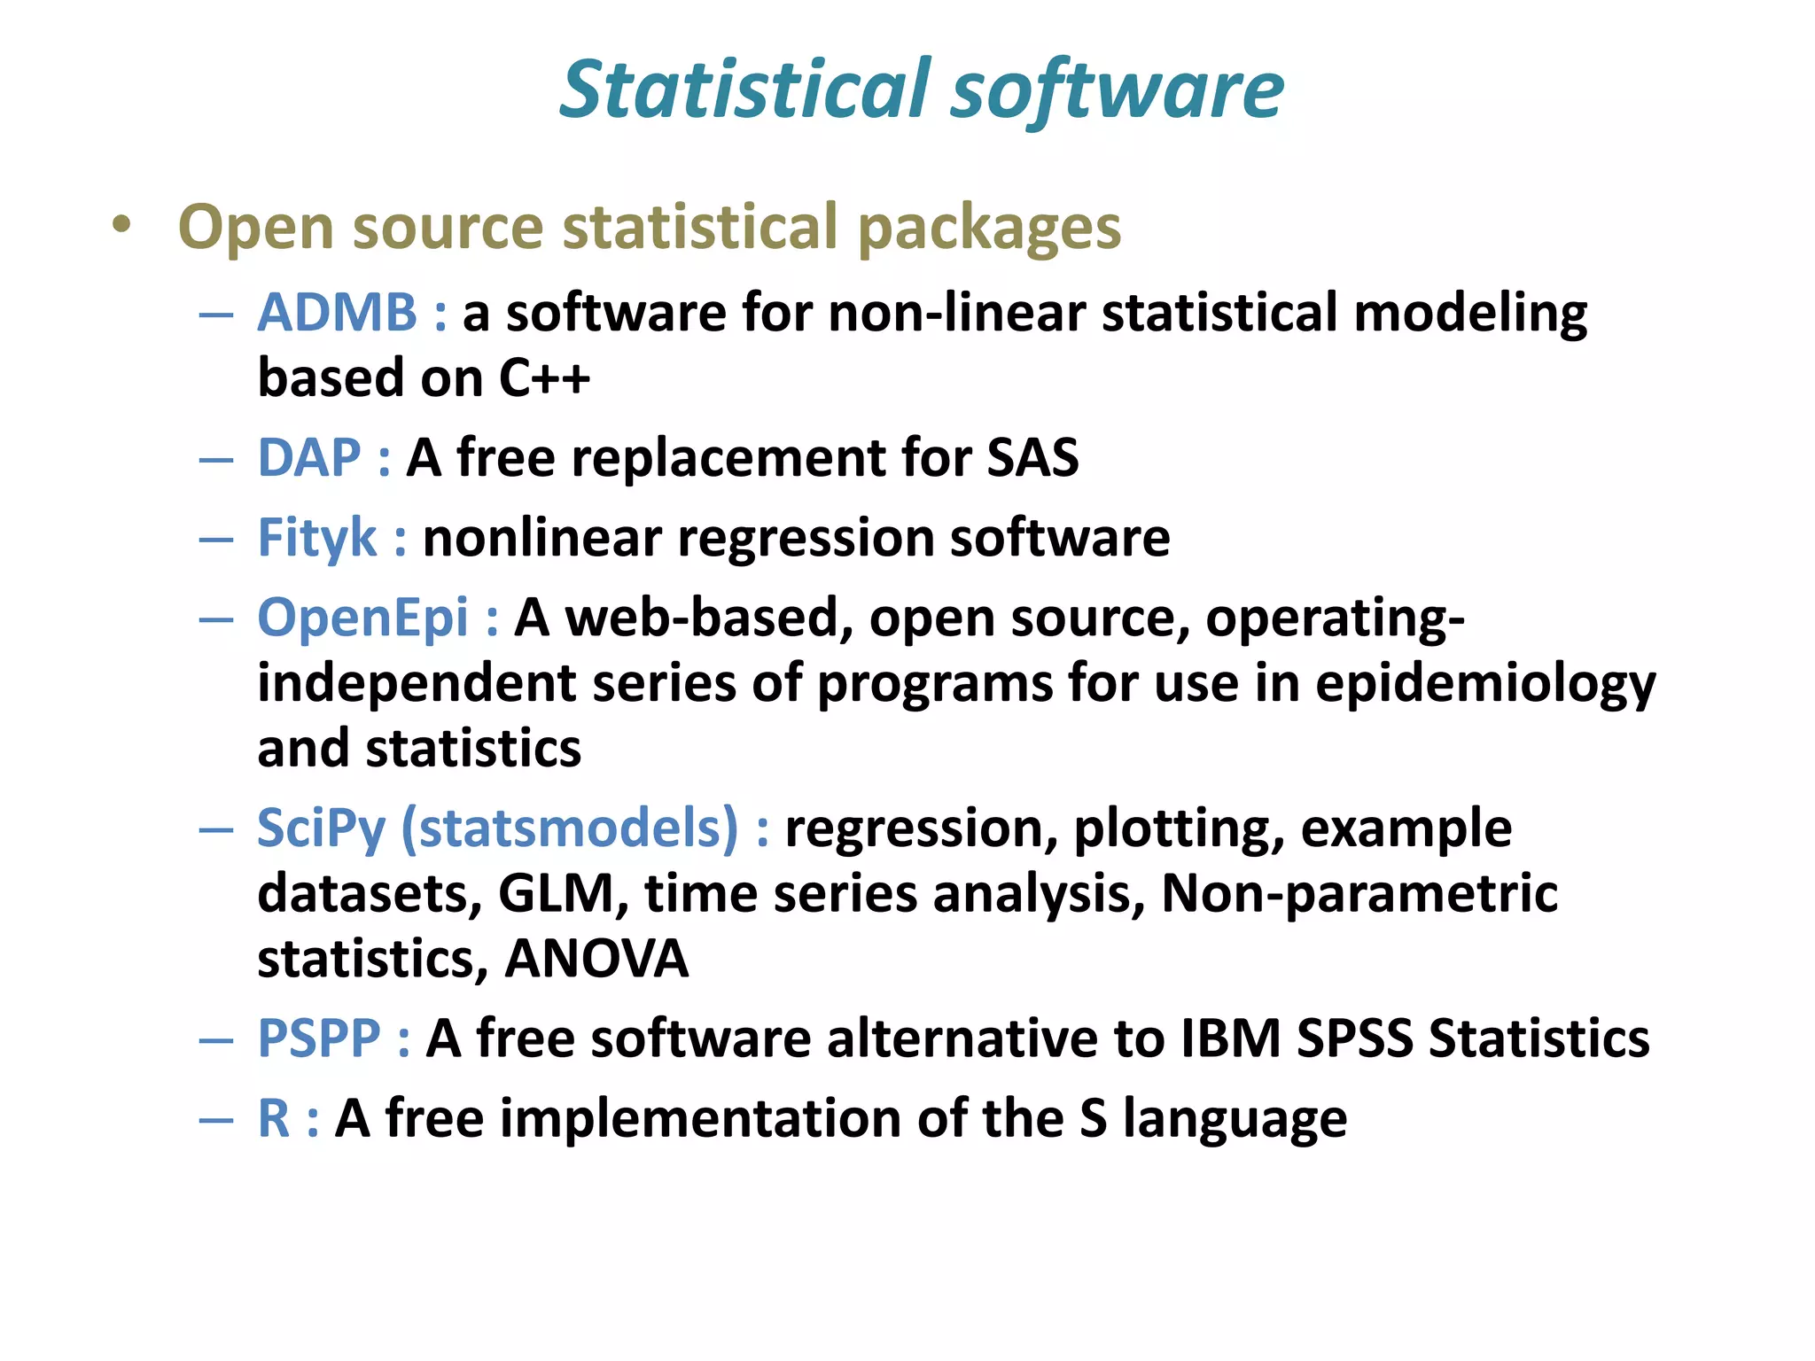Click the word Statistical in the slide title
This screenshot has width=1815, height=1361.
point(746,89)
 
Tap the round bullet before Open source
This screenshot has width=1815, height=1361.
point(121,225)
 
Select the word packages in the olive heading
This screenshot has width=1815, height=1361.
point(989,229)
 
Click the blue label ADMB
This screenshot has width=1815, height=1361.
point(337,313)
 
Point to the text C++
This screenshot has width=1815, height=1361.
point(544,378)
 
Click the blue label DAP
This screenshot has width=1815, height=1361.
point(308,458)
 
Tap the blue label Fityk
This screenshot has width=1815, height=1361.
point(317,538)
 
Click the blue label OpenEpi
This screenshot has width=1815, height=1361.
point(362,618)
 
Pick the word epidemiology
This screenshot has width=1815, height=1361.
point(1485,685)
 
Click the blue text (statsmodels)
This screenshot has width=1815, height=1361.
point(570,828)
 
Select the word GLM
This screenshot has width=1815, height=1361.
point(557,893)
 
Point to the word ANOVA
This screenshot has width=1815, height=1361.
point(596,959)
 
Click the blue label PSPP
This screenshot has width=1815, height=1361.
point(319,1038)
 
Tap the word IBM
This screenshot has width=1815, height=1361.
point(1230,1038)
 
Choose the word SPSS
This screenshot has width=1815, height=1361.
point(1354,1038)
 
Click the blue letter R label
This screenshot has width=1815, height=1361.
point(274,1118)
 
